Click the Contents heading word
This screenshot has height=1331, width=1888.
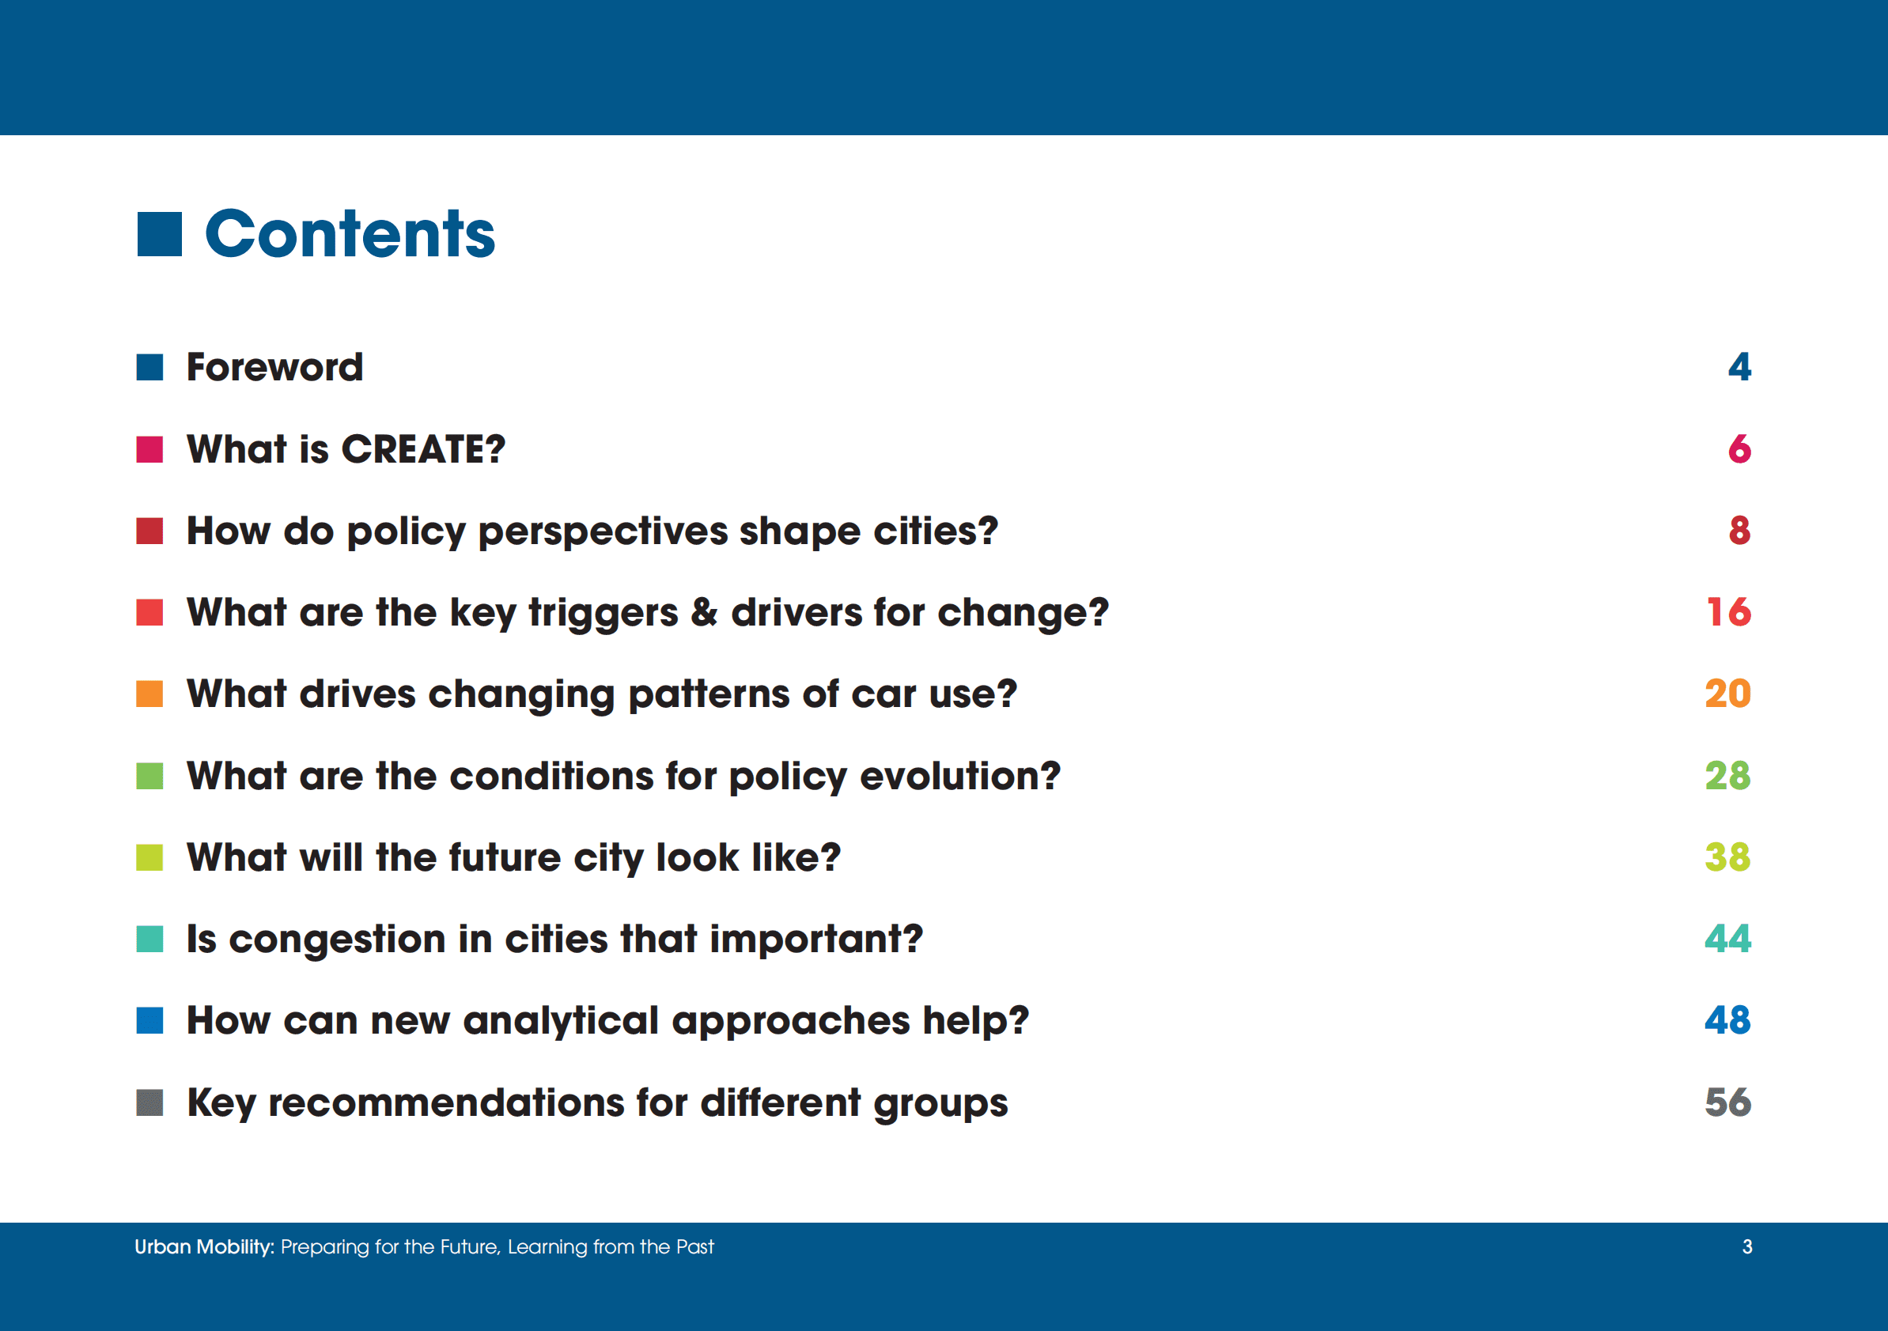click(x=350, y=233)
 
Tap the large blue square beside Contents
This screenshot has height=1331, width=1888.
click(x=159, y=234)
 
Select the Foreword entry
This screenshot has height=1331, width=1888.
click(x=274, y=367)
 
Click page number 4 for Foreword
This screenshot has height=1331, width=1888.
click(x=1739, y=367)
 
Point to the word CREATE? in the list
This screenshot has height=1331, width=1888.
click(x=423, y=449)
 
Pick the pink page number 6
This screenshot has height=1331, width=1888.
click(x=1739, y=449)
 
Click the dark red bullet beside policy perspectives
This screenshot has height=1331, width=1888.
click(x=149, y=530)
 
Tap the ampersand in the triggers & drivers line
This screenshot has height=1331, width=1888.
click(x=704, y=612)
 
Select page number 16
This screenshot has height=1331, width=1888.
click(x=1728, y=612)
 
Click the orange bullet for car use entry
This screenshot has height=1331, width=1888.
click(x=149, y=694)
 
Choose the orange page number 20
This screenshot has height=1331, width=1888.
click(x=1727, y=694)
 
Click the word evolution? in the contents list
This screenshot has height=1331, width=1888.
click(x=960, y=775)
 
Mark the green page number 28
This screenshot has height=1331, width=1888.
click(x=1727, y=775)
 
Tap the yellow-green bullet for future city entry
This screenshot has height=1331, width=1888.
click(x=149, y=856)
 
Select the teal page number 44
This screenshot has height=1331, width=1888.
click(x=1727, y=938)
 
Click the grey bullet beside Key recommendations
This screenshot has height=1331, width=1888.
click(x=149, y=1102)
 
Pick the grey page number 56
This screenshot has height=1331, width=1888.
click(x=1727, y=1102)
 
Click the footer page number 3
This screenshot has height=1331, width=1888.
click(x=1747, y=1247)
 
